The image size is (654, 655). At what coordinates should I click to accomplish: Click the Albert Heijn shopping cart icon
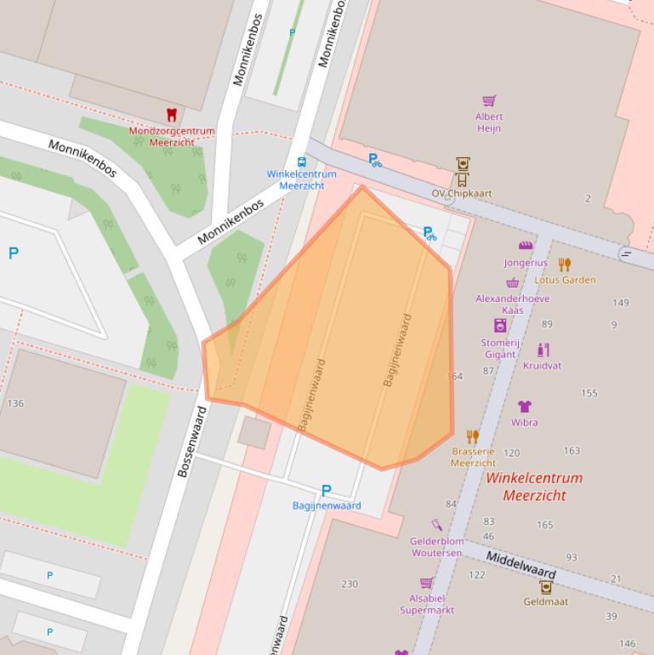tap(489, 101)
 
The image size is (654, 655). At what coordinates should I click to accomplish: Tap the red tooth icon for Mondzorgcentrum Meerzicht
tap(171, 115)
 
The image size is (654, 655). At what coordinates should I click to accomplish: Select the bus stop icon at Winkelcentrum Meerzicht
tap(301, 162)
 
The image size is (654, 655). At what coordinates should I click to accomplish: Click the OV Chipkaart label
tap(461, 194)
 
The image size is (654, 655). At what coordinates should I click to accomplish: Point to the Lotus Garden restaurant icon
tap(565, 265)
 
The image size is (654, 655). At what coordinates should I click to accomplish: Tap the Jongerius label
tap(525, 263)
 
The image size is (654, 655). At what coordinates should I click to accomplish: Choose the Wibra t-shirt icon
tap(525, 407)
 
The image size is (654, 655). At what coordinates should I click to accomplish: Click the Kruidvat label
tap(542, 366)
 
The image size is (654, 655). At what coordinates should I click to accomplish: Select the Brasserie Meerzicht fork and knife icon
tap(473, 437)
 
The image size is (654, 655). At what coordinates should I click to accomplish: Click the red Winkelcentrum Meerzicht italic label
tap(534, 487)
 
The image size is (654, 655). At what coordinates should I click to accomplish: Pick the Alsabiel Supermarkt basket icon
tap(426, 583)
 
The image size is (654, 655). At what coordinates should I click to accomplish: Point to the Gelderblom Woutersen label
tap(436, 547)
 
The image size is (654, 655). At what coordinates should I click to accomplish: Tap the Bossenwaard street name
tap(191, 441)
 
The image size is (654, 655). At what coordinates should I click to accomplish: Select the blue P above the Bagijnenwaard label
tap(326, 491)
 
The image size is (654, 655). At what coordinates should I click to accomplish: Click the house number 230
tap(350, 584)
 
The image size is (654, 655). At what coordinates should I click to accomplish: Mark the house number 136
tap(15, 403)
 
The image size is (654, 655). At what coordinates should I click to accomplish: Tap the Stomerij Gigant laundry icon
tap(500, 326)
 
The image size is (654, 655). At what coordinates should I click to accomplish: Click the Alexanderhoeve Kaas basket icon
tap(512, 283)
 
